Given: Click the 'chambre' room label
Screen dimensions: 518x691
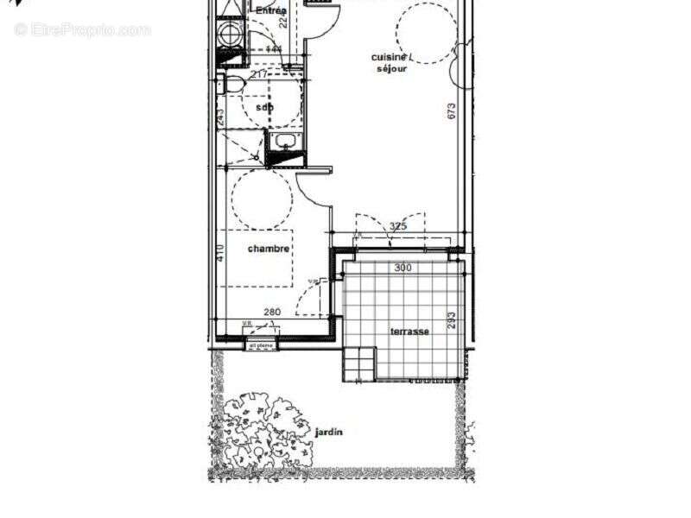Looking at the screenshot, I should (269, 249).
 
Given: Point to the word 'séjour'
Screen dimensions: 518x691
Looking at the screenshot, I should (391, 68).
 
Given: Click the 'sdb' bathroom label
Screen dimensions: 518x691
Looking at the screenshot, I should (265, 108).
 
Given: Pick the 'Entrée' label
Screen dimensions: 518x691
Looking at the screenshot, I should (271, 10).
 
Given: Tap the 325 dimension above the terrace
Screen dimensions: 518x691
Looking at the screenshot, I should (398, 227).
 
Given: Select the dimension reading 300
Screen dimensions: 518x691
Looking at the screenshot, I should (403, 268).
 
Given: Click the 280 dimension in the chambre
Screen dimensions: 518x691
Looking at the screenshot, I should (273, 313).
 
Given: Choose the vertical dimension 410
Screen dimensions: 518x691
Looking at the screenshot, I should (221, 253).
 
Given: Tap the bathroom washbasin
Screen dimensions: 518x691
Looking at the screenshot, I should (283, 142).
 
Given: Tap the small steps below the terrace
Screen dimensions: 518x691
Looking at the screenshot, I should (360, 363).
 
